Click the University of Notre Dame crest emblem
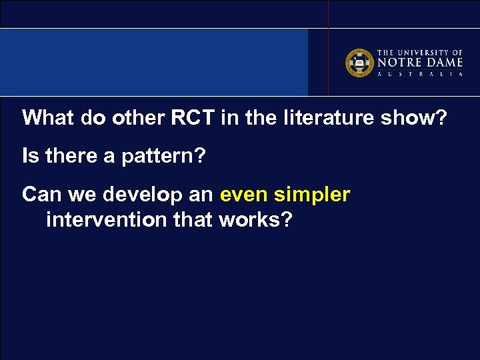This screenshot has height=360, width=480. click(x=359, y=63)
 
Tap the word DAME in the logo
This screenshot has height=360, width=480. click(x=443, y=63)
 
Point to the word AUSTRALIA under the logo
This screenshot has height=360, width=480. click(x=420, y=74)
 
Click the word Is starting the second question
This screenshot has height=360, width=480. click(x=30, y=157)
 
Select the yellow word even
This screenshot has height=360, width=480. click(x=244, y=195)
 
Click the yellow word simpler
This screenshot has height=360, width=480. click(x=312, y=196)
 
